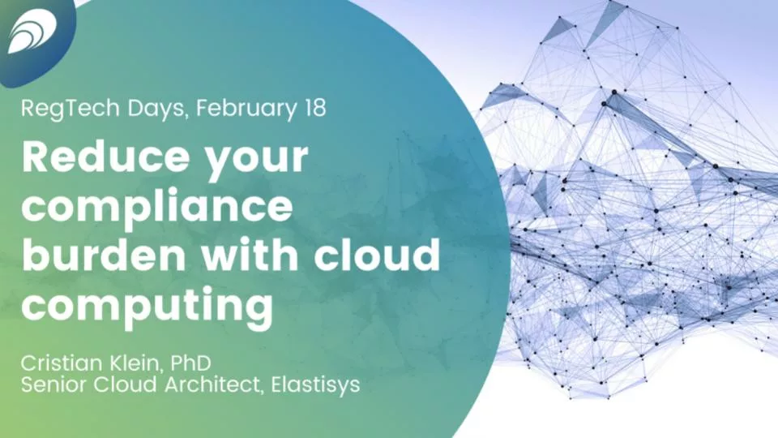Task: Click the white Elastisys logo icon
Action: click(x=32, y=31)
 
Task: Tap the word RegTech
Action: click(x=70, y=109)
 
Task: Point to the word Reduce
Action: click(x=105, y=157)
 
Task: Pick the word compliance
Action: click(x=157, y=206)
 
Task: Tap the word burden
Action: click(x=104, y=254)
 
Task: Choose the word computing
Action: click(x=147, y=307)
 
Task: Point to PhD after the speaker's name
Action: click(x=190, y=363)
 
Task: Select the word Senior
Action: click(x=54, y=384)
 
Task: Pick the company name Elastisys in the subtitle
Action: click(x=315, y=385)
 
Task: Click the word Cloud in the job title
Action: click(x=126, y=384)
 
